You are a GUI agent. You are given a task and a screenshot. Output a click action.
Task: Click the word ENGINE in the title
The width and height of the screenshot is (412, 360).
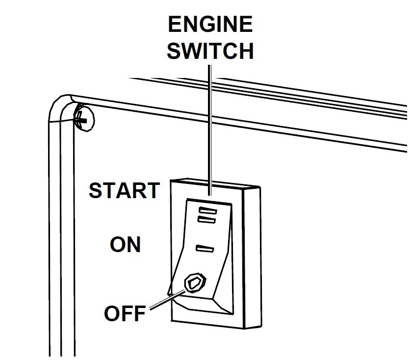(210, 24)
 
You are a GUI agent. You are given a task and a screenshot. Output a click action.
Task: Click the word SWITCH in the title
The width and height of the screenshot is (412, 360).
(210, 51)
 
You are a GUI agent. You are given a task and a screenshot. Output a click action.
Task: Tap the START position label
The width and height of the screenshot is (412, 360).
(124, 190)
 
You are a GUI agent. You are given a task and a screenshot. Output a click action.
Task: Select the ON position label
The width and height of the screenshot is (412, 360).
(126, 244)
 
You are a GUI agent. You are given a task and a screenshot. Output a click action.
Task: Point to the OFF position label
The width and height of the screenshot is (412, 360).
(125, 313)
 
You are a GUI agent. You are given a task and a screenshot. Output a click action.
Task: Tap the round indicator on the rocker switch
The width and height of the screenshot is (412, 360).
(195, 283)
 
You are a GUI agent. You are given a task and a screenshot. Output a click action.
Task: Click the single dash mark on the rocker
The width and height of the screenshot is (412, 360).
(205, 248)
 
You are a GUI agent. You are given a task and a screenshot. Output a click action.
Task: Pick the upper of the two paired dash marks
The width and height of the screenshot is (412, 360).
(208, 210)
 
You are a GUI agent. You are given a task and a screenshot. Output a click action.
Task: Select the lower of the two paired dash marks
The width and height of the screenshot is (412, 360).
(206, 220)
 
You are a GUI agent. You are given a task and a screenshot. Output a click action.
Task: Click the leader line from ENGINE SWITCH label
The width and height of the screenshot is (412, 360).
(210, 130)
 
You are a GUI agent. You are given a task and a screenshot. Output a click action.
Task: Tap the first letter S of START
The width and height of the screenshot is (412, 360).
(96, 190)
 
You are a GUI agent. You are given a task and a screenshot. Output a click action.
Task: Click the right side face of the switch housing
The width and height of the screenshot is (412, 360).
(253, 257)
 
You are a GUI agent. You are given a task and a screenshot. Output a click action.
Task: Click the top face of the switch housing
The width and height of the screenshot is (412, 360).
(215, 184)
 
